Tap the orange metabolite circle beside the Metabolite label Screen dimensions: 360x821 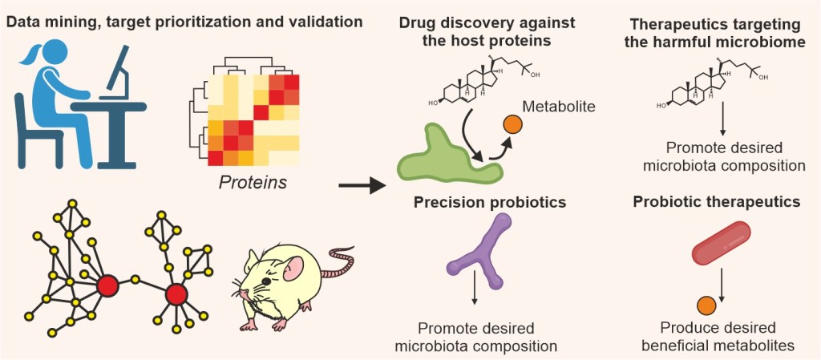pyautogui.click(x=512, y=125)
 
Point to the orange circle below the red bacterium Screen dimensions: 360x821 pyautogui.click(x=706, y=305)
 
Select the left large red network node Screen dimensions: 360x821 pyautogui.click(x=107, y=285)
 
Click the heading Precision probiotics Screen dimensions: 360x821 pyautogui.click(x=490, y=203)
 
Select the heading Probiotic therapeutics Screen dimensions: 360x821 pyautogui.click(x=716, y=203)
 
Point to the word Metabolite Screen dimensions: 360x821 pyautogui.click(x=560, y=106)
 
